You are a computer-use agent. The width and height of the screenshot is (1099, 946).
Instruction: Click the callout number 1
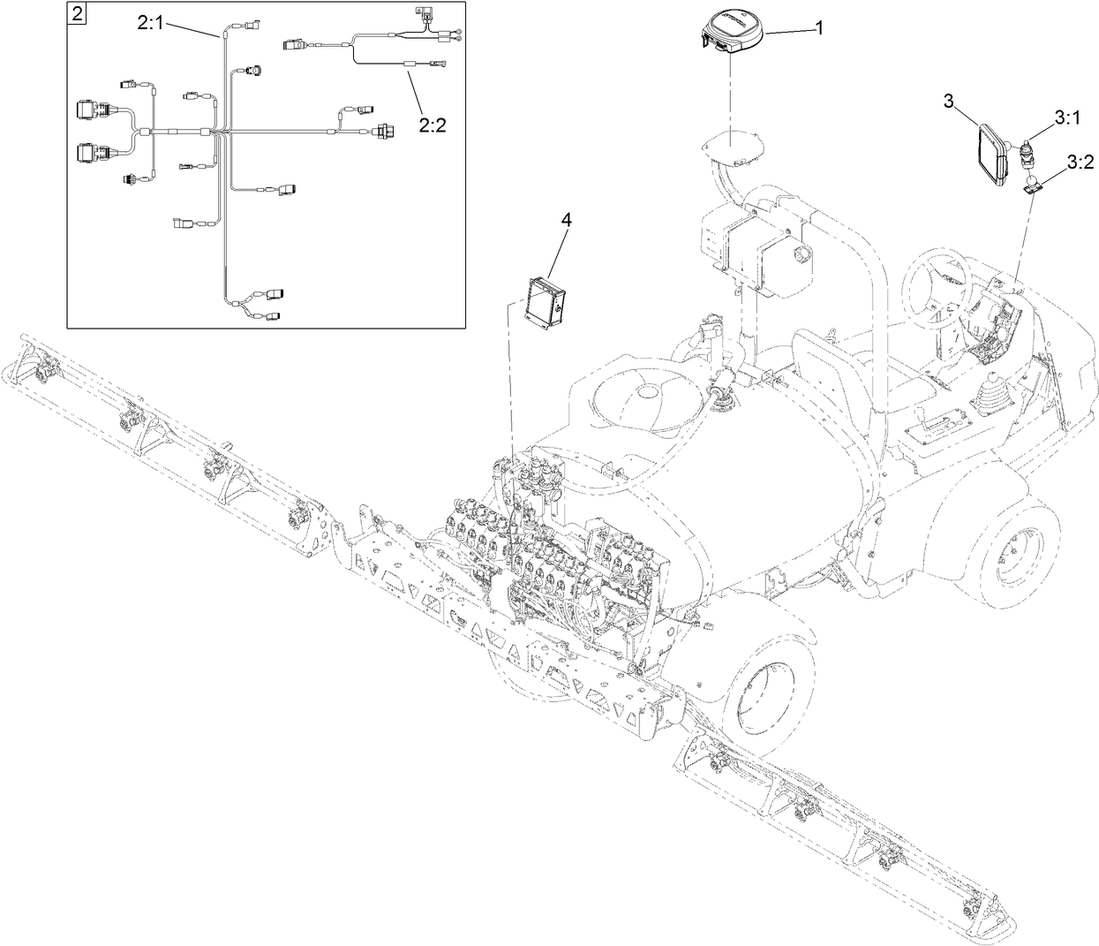(818, 28)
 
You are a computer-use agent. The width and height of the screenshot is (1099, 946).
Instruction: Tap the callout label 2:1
(150, 24)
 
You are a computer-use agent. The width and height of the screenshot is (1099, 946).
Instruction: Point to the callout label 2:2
(432, 125)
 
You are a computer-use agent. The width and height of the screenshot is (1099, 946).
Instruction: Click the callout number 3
(949, 101)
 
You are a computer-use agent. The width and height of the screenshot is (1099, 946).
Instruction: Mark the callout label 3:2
(1080, 162)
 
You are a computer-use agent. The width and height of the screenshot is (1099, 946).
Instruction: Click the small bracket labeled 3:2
(1032, 185)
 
